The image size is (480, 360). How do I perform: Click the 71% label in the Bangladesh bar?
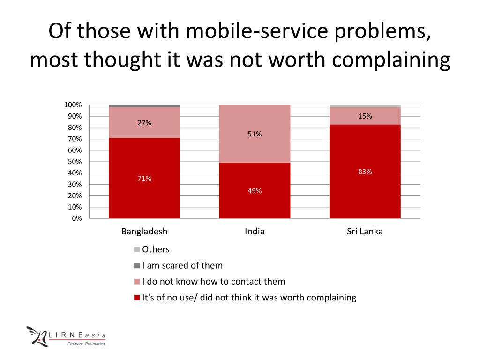pyautogui.click(x=144, y=179)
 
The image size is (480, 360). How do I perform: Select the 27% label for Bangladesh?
pyautogui.click(x=144, y=123)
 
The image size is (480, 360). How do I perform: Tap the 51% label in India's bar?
pyautogui.click(x=255, y=135)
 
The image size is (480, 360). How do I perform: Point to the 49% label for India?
pyautogui.click(x=255, y=191)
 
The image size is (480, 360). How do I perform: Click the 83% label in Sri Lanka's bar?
pyautogui.click(x=365, y=172)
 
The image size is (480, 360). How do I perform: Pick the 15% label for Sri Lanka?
pyautogui.click(x=365, y=116)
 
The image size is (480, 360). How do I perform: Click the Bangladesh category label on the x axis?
pyautogui.click(x=144, y=232)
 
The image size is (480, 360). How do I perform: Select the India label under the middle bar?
pyautogui.click(x=255, y=232)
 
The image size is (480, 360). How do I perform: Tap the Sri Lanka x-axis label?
pyautogui.click(x=365, y=232)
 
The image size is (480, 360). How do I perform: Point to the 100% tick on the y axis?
pyautogui.click(x=73, y=105)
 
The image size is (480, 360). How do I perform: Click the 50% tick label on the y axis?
pyautogui.click(x=75, y=162)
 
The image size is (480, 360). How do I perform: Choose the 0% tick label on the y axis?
pyautogui.click(x=77, y=218)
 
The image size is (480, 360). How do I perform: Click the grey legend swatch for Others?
pyautogui.click(x=137, y=249)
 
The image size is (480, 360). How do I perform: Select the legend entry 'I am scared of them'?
pyautogui.click(x=182, y=266)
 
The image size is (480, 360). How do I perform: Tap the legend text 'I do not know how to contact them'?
pyautogui.click(x=213, y=282)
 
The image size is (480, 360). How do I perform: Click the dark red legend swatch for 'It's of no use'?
pyautogui.click(x=137, y=298)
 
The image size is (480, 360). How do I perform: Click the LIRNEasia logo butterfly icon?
pyautogui.click(x=37, y=336)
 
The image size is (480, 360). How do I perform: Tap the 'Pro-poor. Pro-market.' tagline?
pyautogui.click(x=86, y=344)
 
